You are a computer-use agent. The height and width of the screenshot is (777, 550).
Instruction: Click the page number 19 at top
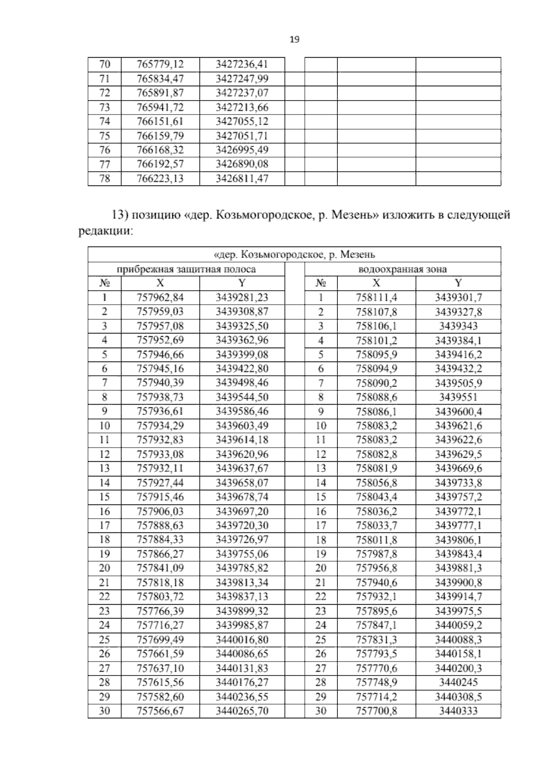(294, 40)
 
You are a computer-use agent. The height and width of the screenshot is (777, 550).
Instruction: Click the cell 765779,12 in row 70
(160, 65)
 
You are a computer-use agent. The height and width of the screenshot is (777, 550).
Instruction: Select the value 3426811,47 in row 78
(242, 179)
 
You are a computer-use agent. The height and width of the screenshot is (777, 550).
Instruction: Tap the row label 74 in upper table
(104, 121)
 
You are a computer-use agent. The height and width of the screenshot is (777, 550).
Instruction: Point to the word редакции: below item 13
(105, 231)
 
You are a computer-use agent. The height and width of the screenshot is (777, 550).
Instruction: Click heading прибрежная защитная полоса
(186, 269)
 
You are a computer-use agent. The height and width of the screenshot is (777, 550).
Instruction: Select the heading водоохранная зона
(402, 269)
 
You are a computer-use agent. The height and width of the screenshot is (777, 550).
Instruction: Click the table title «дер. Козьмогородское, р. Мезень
(294, 254)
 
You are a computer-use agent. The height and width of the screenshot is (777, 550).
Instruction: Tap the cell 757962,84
(160, 297)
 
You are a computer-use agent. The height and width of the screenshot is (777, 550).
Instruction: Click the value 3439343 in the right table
(458, 326)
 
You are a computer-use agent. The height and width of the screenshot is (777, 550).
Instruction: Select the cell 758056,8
(376, 483)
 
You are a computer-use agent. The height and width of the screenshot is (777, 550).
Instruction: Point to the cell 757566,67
(160, 711)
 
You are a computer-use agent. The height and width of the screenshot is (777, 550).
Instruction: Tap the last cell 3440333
(458, 711)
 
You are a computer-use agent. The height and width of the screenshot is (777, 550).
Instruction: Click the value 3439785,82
(242, 569)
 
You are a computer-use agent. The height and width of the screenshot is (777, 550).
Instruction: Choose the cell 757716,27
(160, 625)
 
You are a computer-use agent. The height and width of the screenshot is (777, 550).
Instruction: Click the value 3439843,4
(458, 554)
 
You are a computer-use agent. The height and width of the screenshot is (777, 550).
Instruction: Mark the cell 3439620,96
(242, 454)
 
